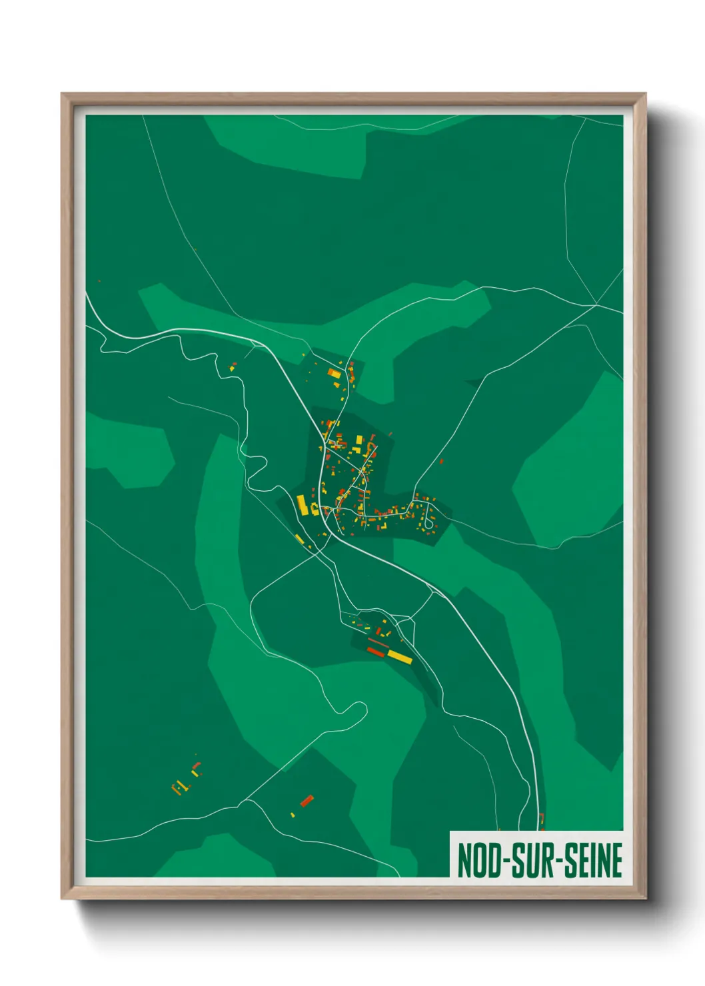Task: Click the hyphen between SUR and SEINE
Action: click(564, 861)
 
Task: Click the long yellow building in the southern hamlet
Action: click(400, 657)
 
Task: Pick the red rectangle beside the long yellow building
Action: click(376, 651)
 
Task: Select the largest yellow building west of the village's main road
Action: click(302, 505)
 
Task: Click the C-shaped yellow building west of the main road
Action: click(314, 510)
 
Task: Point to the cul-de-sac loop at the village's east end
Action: click(429, 524)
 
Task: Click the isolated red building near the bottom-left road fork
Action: click(307, 800)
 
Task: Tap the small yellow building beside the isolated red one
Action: click(293, 815)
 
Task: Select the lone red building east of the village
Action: click(441, 460)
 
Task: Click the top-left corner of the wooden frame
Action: click(62, 94)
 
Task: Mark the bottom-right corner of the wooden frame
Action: click(645, 898)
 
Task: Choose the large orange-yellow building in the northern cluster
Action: click(334, 374)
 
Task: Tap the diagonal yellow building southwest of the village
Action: click(299, 538)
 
